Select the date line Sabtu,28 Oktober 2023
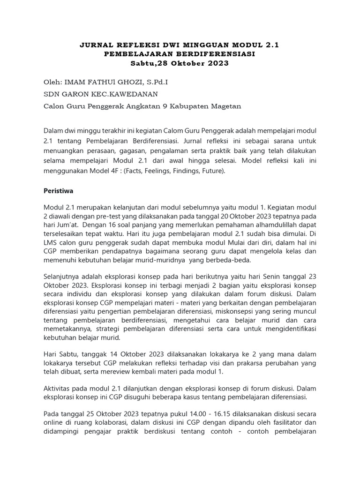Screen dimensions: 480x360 [x=180, y=63]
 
